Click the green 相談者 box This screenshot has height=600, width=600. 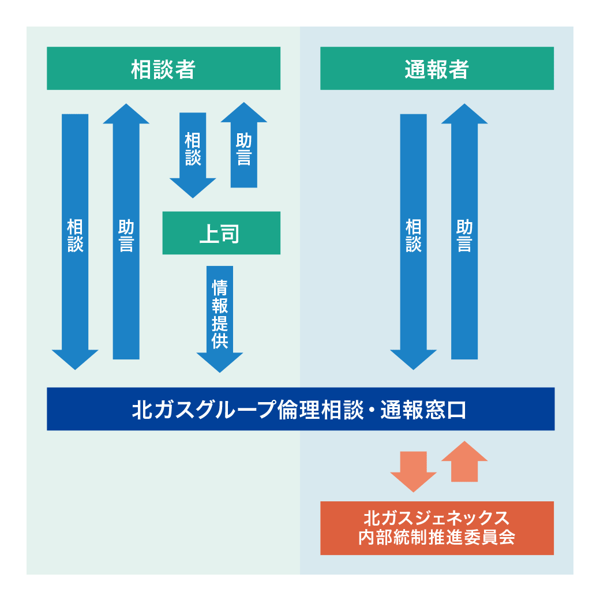point(163,69)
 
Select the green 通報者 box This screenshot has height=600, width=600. point(437,69)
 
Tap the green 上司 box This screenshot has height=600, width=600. point(221,233)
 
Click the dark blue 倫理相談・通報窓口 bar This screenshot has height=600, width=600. point(300,409)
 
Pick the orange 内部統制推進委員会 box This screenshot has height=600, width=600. point(437,528)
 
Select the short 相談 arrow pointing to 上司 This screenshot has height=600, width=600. point(193,150)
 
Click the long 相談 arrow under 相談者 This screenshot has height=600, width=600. point(75,237)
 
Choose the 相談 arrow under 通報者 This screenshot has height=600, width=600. point(413,237)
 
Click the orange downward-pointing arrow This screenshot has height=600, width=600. point(413,470)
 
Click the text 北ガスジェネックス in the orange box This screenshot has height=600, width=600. point(437,516)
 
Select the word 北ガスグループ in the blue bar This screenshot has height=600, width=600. point(202,410)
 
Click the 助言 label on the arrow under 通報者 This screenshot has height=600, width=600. point(464,235)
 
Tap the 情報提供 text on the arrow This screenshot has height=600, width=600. point(220,314)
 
